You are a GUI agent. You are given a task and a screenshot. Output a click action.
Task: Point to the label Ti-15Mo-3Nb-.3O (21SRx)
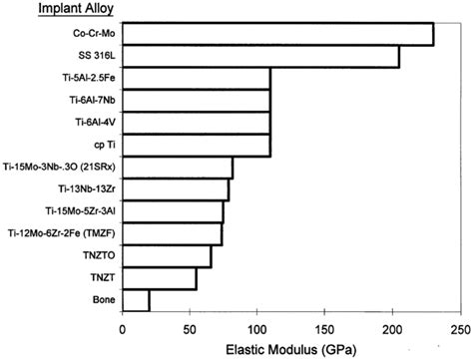point(58,168)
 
